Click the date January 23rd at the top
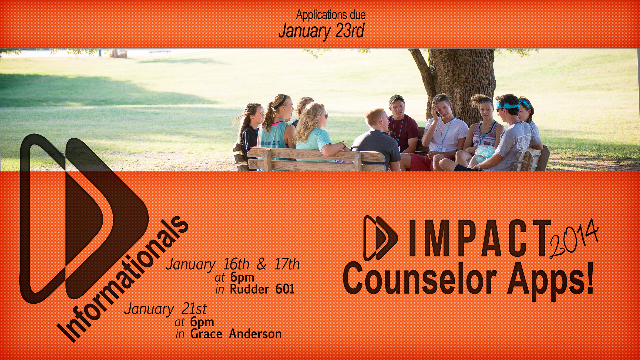[x=321, y=31]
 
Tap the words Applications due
[x=331, y=15]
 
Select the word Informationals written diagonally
[x=123, y=279]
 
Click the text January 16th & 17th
[x=233, y=264]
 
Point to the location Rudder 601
[x=262, y=289]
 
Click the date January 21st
[x=165, y=309]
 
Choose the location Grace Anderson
[x=236, y=334]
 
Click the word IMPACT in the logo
[x=479, y=239]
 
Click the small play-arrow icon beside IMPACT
[x=380, y=238]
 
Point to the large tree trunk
[x=460, y=83]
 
